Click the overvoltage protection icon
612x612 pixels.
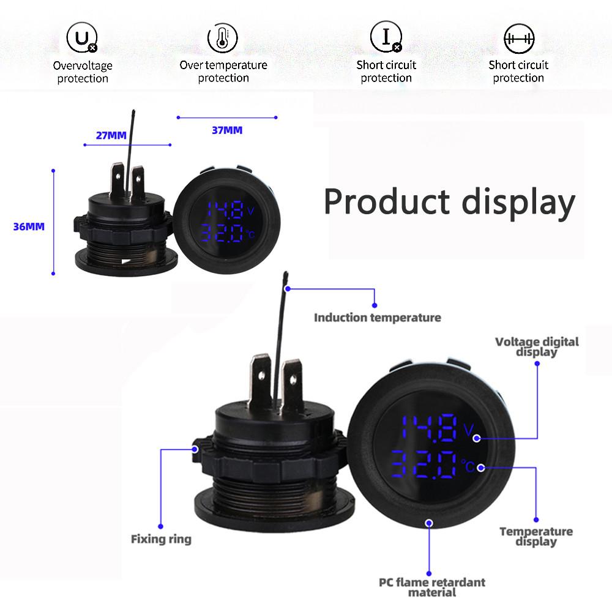[82, 39]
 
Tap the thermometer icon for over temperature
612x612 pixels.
[223, 39]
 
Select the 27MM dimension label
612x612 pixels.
[111, 135]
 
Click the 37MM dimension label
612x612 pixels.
[227, 130]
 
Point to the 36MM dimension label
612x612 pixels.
[29, 226]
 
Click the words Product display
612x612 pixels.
[449, 202]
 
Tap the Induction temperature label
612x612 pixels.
[377, 318]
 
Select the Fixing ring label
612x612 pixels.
[161, 539]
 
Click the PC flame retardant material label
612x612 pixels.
[432, 586]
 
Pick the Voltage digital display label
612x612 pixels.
[537, 346]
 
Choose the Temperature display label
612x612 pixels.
[536, 536]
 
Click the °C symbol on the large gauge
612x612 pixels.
[468, 466]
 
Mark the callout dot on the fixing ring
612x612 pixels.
[196, 449]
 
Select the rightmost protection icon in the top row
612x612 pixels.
[518, 39]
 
